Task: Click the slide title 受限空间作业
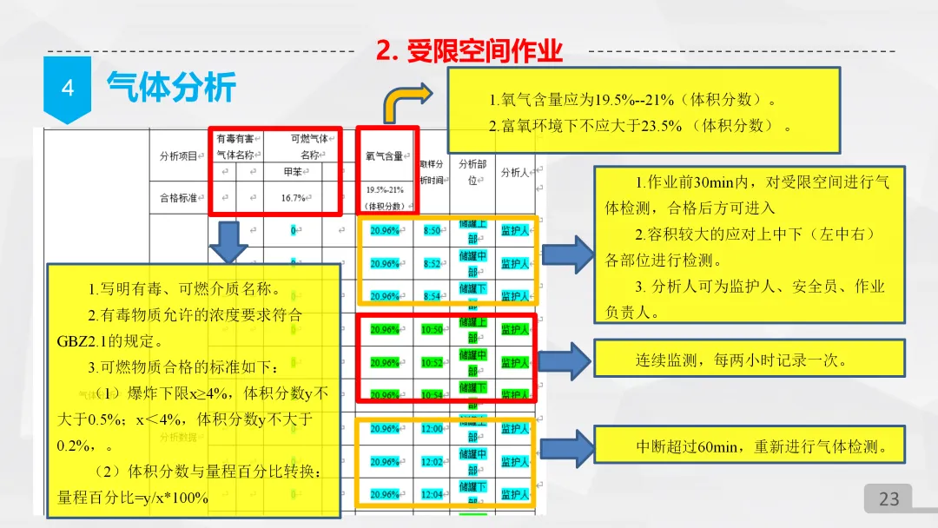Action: (470, 51)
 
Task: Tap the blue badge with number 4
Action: (68, 89)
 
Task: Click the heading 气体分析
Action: (171, 87)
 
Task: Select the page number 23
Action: (888, 498)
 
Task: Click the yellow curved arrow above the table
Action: (407, 102)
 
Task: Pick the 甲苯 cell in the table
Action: (293, 172)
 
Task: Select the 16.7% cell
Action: (293, 198)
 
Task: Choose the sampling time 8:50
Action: (432, 231)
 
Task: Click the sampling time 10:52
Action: (432, 362)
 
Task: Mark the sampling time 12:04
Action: (432, 494)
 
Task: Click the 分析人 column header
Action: (515, 172)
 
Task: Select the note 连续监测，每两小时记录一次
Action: (741, 360)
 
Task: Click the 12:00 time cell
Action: (432, 429)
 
